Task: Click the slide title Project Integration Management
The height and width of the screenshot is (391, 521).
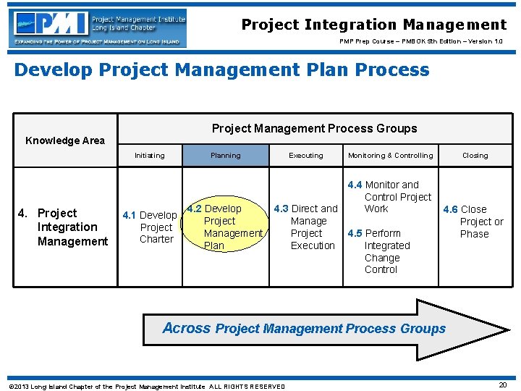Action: point(373,25)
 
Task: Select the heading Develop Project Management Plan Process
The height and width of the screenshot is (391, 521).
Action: point(221,70)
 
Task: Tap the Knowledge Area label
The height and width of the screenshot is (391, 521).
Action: point(65,140)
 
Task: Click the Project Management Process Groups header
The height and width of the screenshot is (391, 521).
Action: point(314,128)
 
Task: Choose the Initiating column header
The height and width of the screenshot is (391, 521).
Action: point(149,155)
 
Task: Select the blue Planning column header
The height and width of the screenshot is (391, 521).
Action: point(225,155)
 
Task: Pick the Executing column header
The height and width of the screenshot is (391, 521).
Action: point(306,155)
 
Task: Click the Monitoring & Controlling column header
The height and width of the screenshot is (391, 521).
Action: point(390,155)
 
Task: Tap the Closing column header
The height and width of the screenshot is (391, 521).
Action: point(475,155)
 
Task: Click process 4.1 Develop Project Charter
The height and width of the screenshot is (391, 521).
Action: point(151,227)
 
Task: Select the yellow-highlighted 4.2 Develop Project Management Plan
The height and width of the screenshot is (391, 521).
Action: point(224,227)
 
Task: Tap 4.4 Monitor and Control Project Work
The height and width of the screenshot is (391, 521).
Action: point(391,196)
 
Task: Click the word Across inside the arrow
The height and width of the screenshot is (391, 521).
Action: point(186,328)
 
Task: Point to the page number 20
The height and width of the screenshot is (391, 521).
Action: point(502,385)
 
